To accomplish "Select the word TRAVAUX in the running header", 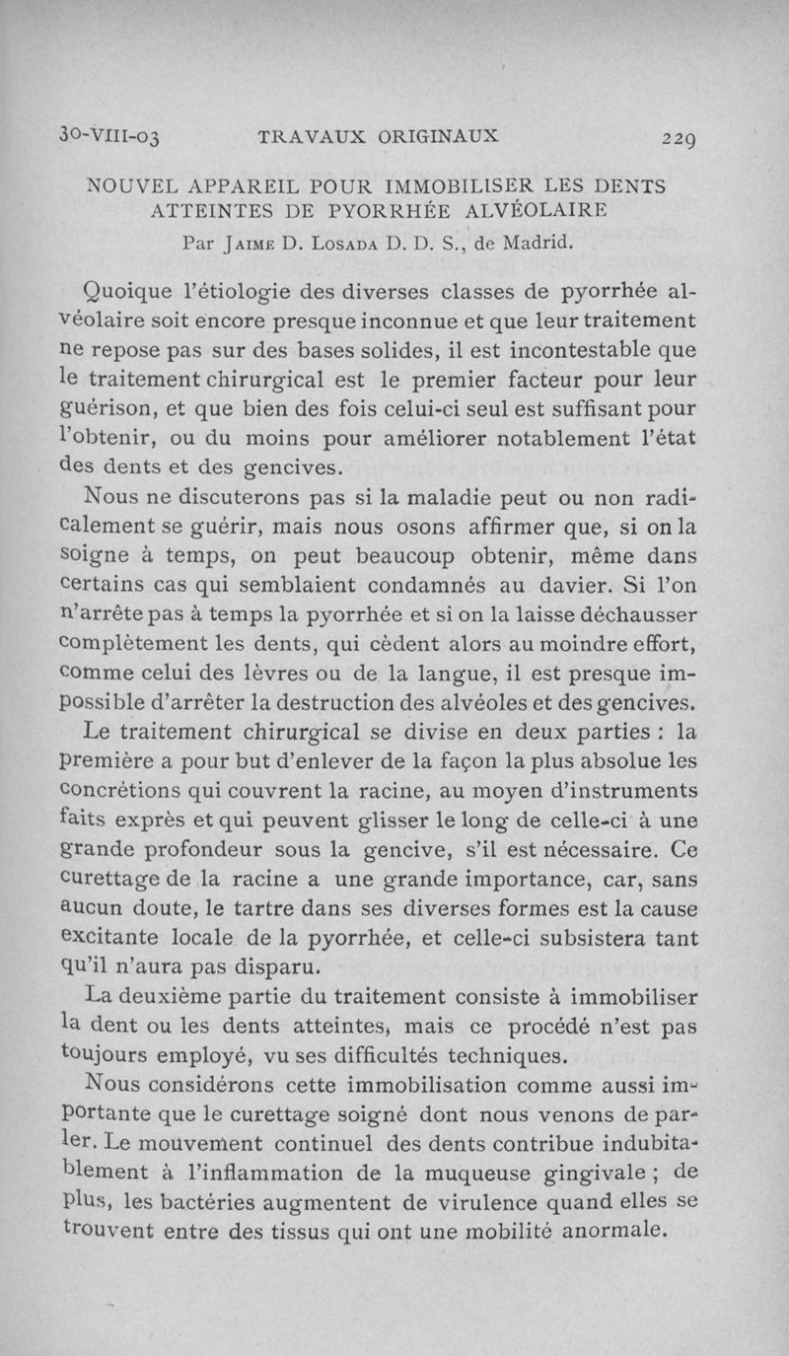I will pos(312,137).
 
